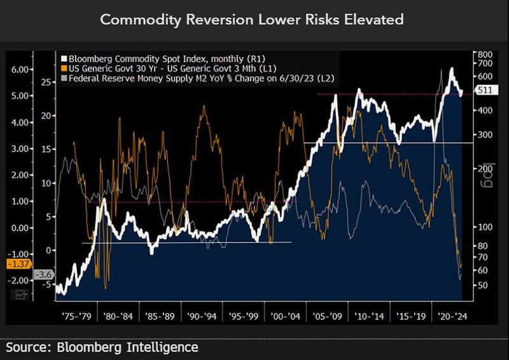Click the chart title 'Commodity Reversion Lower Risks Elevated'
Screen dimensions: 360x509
252,20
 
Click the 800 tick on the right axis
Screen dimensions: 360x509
485,55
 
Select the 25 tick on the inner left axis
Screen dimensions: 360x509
46,82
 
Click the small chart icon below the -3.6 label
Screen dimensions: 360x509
21,294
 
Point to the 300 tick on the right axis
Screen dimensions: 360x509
485,134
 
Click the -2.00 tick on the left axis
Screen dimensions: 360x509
19,280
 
